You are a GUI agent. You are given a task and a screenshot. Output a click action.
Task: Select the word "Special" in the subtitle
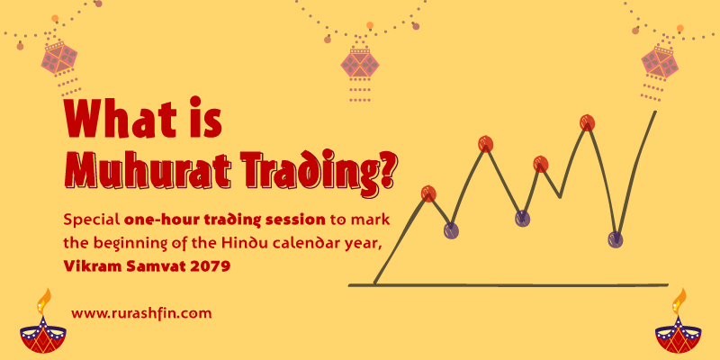92,220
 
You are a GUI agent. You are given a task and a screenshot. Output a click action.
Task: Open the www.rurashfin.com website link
141,313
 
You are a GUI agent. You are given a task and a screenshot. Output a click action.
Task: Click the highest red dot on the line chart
587,122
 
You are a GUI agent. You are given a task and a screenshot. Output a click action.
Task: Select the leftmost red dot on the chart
428,193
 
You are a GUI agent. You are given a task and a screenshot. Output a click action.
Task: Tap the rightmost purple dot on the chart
616,239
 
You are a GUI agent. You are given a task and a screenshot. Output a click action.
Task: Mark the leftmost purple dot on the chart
451,230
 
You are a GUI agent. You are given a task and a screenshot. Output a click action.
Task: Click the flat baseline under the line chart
508,285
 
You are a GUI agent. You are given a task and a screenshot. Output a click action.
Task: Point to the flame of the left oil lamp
44,301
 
